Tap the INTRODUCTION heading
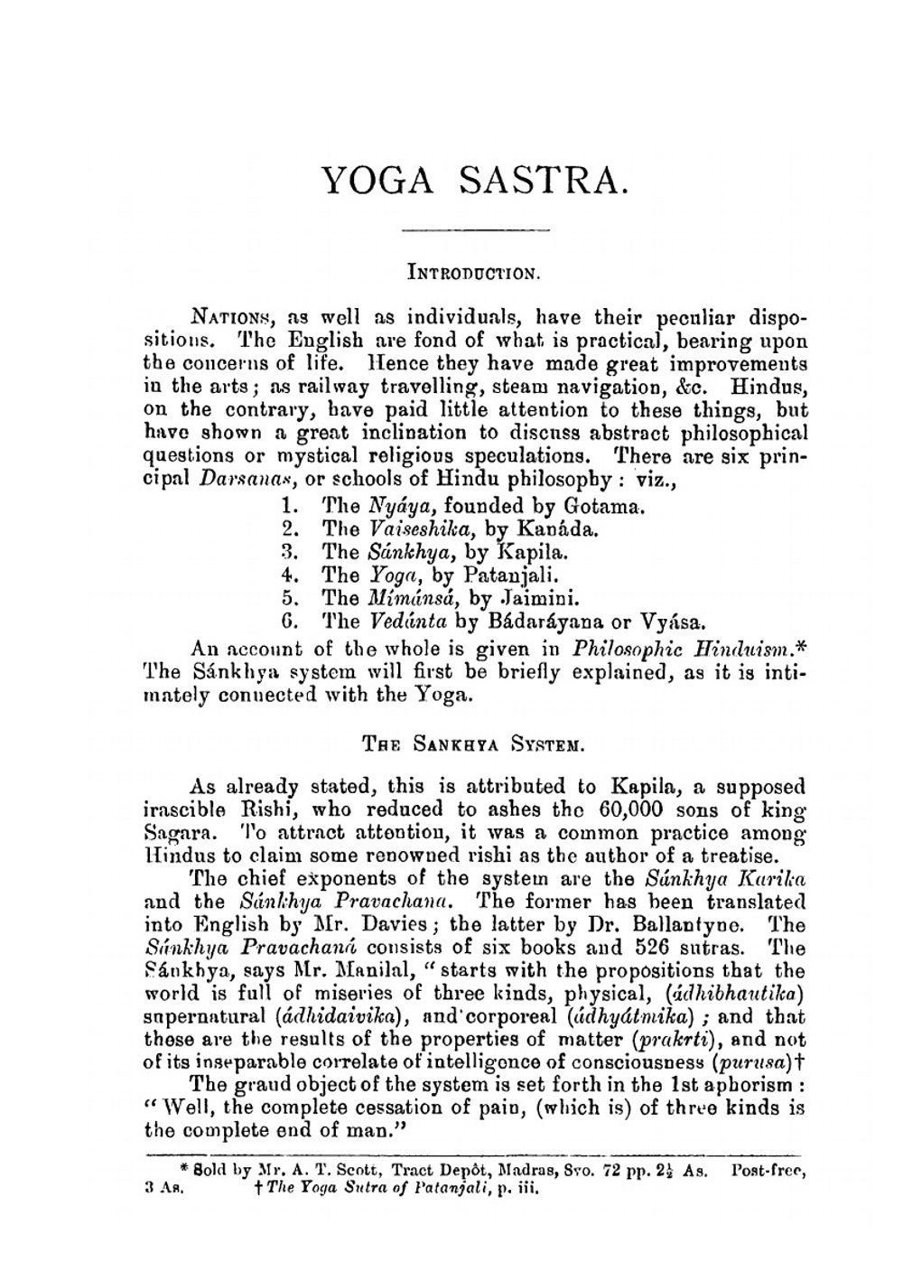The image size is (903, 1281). point(475,270)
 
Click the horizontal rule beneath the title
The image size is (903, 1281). point(476,229)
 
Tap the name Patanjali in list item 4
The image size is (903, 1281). point(513,575)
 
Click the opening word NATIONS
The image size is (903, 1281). point(230,318)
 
